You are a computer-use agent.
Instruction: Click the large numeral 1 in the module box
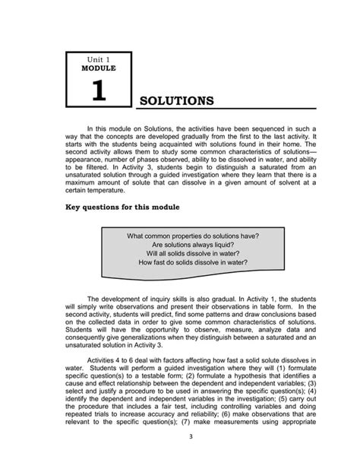point(98,93)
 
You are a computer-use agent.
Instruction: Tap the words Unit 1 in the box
point(98,59)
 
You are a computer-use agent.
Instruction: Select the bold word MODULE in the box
point(98,68)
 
